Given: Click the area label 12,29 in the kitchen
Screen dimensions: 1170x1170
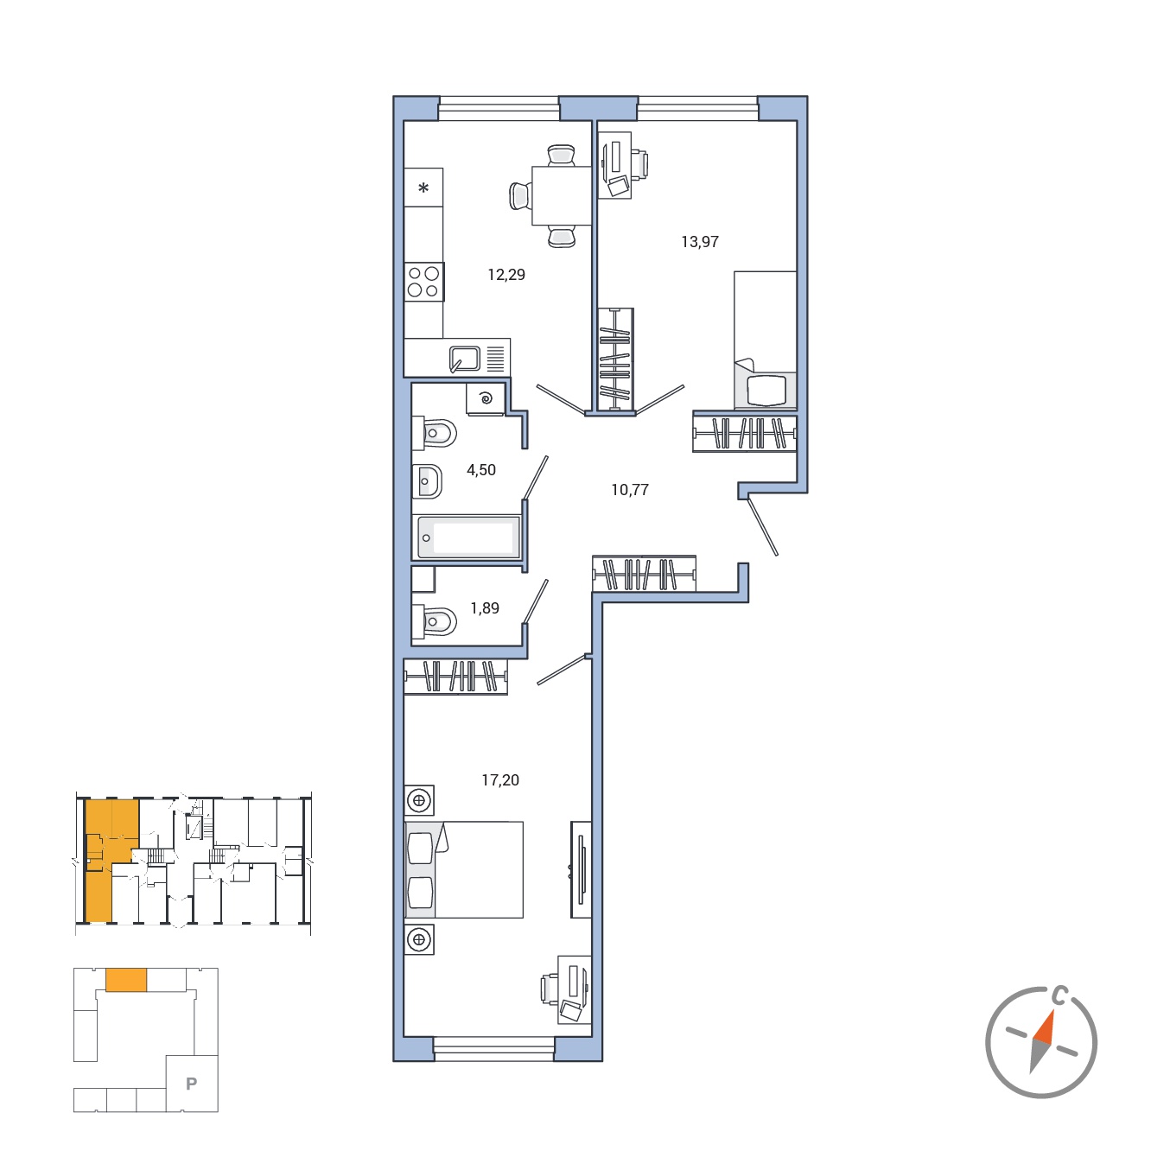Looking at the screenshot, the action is (x=506, y=275).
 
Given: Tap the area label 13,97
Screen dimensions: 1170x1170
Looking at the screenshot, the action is (x=699, y=242).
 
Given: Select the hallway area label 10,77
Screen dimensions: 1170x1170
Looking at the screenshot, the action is (x=630, y=489).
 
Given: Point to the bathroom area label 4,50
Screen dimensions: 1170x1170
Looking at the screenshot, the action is (x=480, y=469).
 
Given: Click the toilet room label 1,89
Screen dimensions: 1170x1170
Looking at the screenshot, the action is (x=485, y=607).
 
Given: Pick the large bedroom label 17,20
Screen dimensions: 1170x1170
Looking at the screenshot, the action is (x=500, y=779).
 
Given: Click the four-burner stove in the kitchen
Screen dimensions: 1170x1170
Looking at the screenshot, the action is (x=423, y=282).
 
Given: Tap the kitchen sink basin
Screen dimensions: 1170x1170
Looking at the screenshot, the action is (x=465, y=359).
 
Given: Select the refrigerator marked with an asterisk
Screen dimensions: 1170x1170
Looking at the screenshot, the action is (x=423, y=187).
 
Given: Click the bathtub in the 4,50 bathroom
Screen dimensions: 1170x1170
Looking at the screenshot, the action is (x=467, y=537).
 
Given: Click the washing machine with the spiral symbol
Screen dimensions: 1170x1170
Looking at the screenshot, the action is (x=485, y=399).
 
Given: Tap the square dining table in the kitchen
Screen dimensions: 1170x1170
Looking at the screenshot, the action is (x=562, y=195).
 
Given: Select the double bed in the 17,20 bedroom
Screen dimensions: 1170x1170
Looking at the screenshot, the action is (x=464, y=870).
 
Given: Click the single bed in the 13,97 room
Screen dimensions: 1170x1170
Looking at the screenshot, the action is (x=765, y=340).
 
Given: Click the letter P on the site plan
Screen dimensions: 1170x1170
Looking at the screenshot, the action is (x=191, y=1084).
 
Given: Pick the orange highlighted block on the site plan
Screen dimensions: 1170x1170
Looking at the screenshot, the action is (x=126, y=979).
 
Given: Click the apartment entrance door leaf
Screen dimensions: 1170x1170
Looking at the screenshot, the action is (x=763, y=527).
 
